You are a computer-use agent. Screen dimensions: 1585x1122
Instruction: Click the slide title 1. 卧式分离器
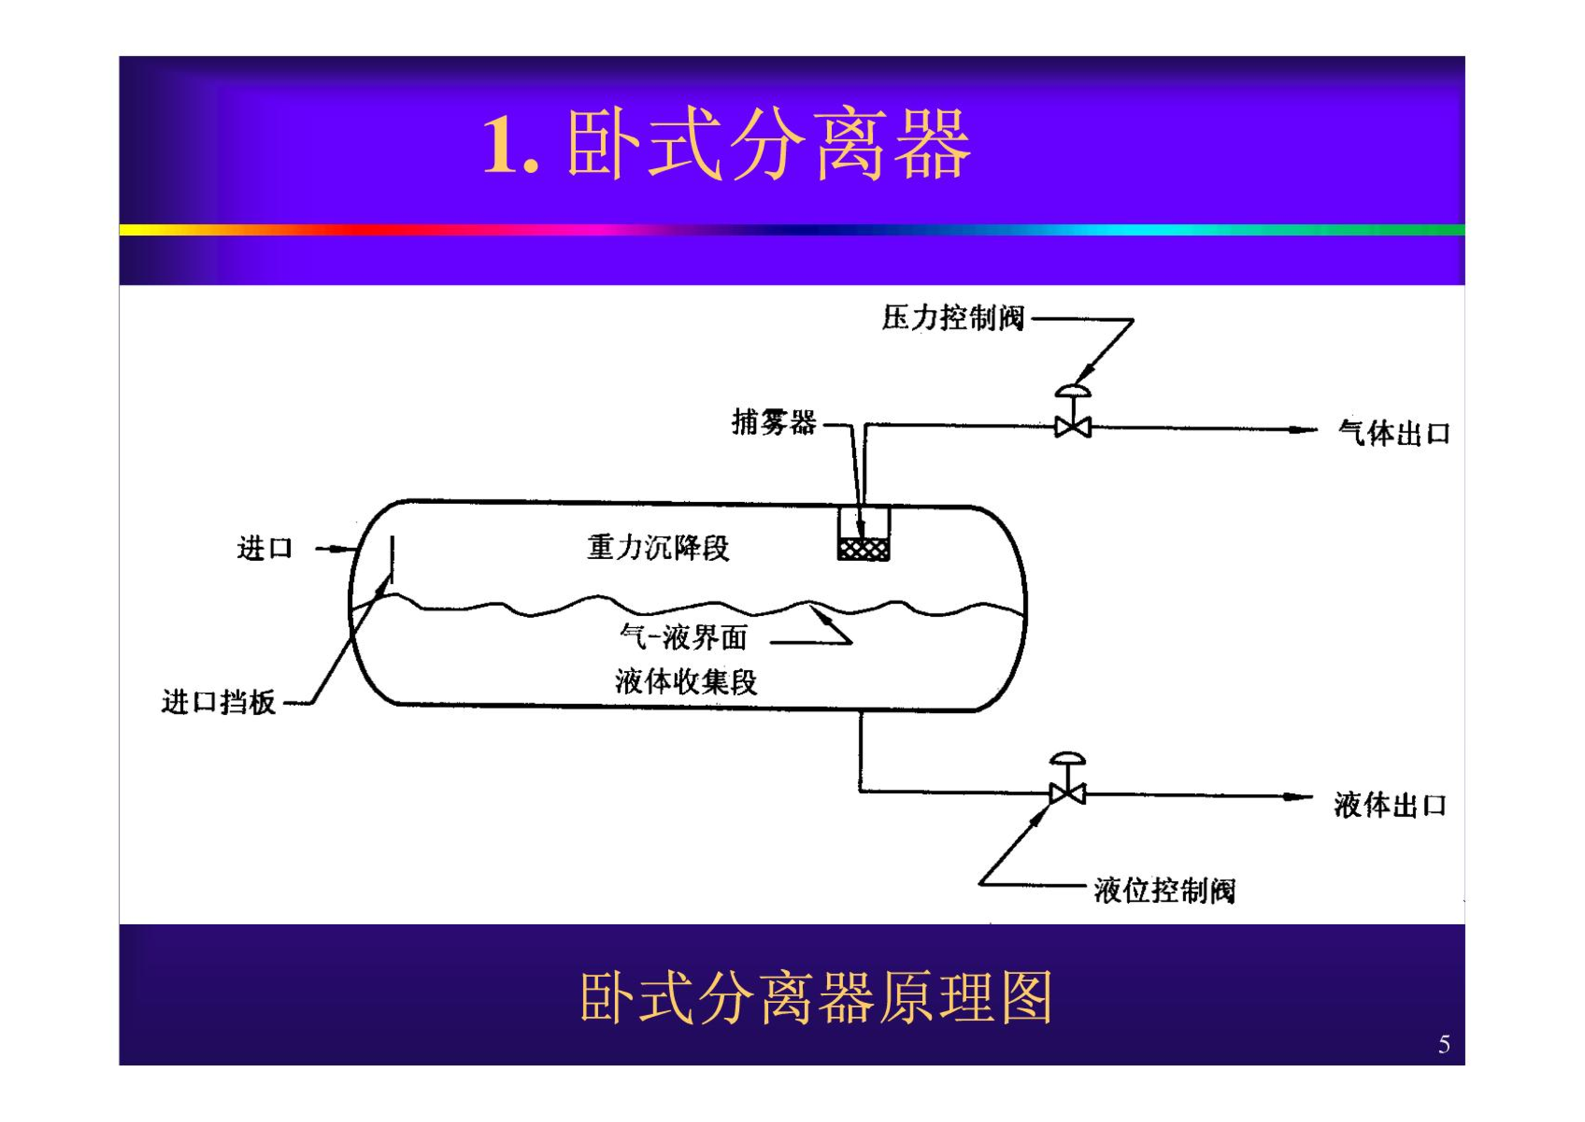tap(727, 144)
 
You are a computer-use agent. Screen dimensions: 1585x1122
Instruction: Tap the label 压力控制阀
tap(953, 317)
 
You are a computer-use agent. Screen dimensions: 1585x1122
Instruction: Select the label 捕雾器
tap(773, 422)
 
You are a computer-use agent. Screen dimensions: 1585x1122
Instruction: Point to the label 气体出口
tap(1394, 433)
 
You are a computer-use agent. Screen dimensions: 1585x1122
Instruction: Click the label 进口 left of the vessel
tap(265, 548)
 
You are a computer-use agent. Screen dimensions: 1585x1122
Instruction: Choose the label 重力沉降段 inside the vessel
tap(658, 548)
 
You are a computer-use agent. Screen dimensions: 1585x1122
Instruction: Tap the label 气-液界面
tap(683, 637)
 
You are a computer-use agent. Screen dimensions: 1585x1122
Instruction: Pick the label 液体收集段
tap(686, 681)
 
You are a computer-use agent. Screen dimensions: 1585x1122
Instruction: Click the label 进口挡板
tap(218, 702)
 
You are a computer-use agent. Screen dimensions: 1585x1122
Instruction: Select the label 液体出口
tap(1390, 805)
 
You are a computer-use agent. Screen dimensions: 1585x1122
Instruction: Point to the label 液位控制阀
tap(1164, 890)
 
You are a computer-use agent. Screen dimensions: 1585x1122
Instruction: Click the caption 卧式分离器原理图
tap(816, 997)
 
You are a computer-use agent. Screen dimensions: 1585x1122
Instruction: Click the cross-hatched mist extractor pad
tap(864, 549)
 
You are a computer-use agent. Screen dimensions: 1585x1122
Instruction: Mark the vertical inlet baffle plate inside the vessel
tap(392, 560)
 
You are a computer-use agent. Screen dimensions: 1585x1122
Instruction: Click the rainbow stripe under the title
tap(792, 229)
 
